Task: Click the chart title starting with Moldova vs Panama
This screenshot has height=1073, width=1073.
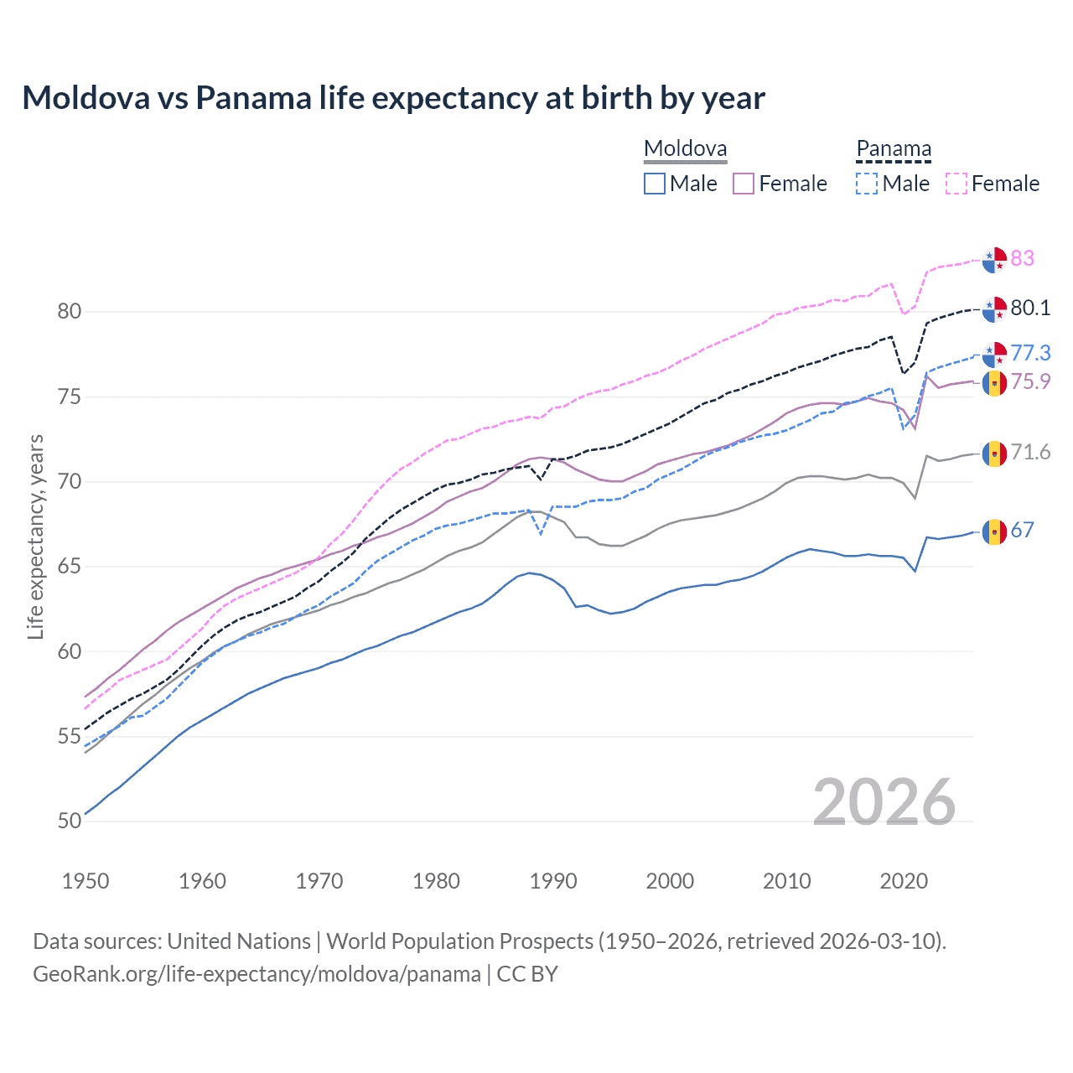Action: click(x=393, y=98)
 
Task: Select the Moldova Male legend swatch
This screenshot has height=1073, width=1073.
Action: click(x=655, y=184)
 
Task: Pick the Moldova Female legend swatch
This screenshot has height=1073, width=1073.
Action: click(x=744, y=184)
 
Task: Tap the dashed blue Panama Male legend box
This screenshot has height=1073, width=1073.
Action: click(x=867, y=184)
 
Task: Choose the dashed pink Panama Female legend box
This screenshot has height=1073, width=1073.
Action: click(x=956, y=184)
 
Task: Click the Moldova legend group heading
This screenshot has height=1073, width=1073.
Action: click(x=685, y=149)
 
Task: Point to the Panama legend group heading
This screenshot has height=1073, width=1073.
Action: click(x=894, y=149)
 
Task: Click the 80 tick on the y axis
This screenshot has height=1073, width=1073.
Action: click(x=70, y=311)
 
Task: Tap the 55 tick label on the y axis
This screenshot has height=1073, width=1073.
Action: click(x=70, y=737)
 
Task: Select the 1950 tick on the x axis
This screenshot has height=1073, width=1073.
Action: click(x=86, y=881)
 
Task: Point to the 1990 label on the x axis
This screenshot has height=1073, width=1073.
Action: click(x=553, y=881)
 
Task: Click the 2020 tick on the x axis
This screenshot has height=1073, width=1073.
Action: click(x=904, y=881)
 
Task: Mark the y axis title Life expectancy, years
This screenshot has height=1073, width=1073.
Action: click(x=35, y=536)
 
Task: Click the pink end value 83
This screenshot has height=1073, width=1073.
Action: click(x=1022, y=258)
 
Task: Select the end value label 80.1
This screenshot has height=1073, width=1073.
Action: click(x=1030, y=308)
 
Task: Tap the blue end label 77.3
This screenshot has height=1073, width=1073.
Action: click(x=1030, y=353)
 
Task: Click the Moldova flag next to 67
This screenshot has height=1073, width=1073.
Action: click(x=994, y=531)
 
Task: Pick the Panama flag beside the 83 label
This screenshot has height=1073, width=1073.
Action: click(x=994, y=260)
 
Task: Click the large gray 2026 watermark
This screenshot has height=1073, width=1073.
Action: click(x=884, y=802)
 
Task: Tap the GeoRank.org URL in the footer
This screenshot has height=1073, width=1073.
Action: click(x=257, y=974)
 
